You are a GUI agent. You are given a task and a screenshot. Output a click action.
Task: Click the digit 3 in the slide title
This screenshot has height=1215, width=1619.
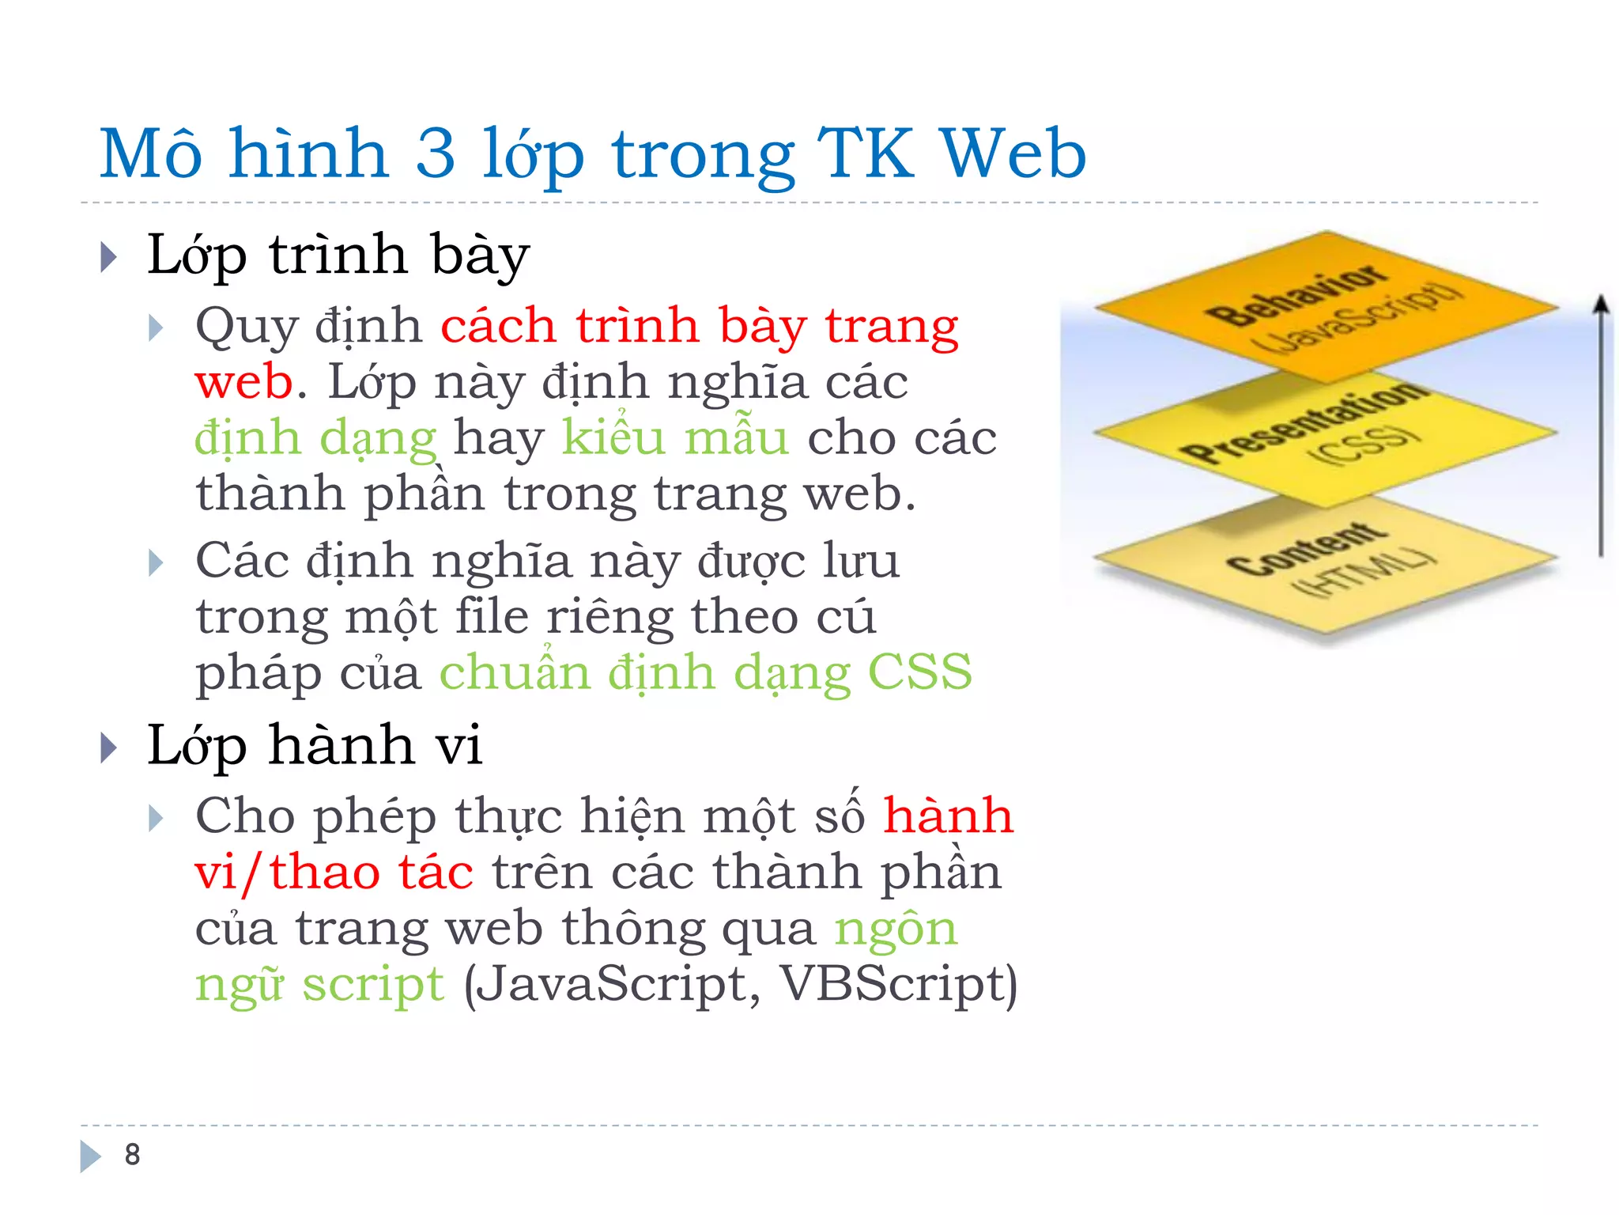coord(436,153)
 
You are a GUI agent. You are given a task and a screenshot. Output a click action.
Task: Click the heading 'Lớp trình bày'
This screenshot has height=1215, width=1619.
coord(338,255)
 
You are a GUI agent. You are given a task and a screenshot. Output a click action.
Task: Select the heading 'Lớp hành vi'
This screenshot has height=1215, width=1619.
coord(314,746)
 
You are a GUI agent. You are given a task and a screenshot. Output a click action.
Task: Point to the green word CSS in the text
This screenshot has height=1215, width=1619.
coord(919,672)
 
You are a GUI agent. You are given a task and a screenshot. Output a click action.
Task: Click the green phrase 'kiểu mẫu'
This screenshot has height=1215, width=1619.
coord(675,437)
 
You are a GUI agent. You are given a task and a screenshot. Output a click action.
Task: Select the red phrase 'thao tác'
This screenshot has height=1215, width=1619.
coord(372,872)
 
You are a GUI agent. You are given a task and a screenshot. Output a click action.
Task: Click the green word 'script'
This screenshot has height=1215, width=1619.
coord(372,986)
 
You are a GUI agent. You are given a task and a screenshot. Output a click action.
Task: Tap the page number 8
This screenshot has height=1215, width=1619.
coord(132,1155)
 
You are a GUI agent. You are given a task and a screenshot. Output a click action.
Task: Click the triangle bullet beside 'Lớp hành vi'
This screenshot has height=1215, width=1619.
coord(109,748)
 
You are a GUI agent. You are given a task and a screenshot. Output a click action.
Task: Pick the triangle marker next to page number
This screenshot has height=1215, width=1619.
coord(90,1156)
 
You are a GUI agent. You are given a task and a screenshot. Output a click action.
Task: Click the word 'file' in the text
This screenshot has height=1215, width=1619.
coord(491,617)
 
